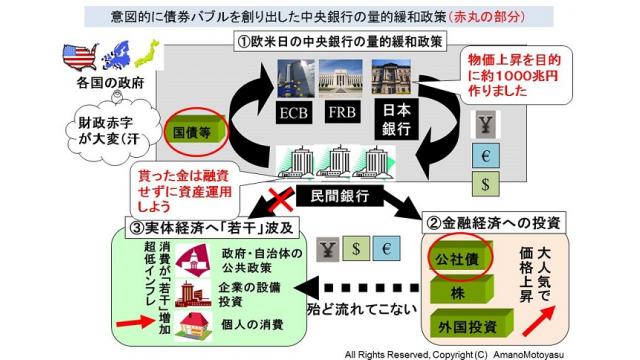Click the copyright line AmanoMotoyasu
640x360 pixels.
coord(484,351)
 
